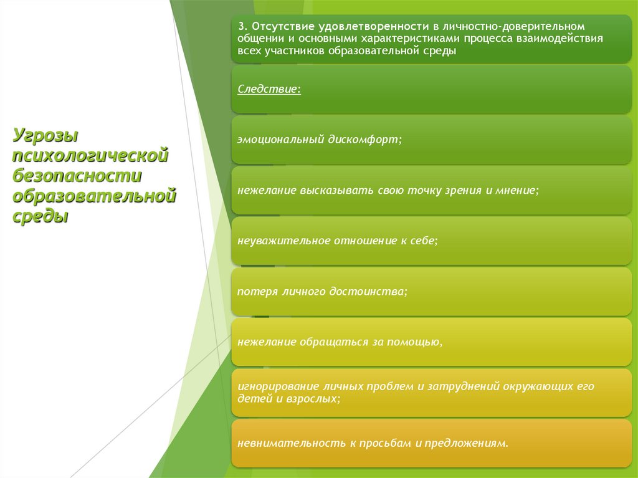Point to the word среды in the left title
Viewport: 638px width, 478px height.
(40, 217)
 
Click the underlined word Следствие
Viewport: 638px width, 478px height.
(269, 89)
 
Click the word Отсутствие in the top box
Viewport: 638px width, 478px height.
(277, 28)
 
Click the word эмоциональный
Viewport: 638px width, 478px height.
(280, 140)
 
